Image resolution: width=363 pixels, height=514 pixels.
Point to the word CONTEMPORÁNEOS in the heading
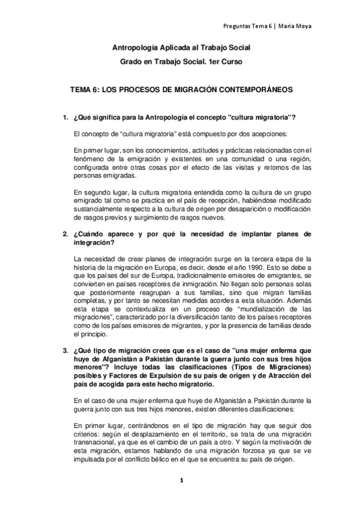(x=250, y=89)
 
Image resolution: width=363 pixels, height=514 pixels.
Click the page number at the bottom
(x=181, y=480)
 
